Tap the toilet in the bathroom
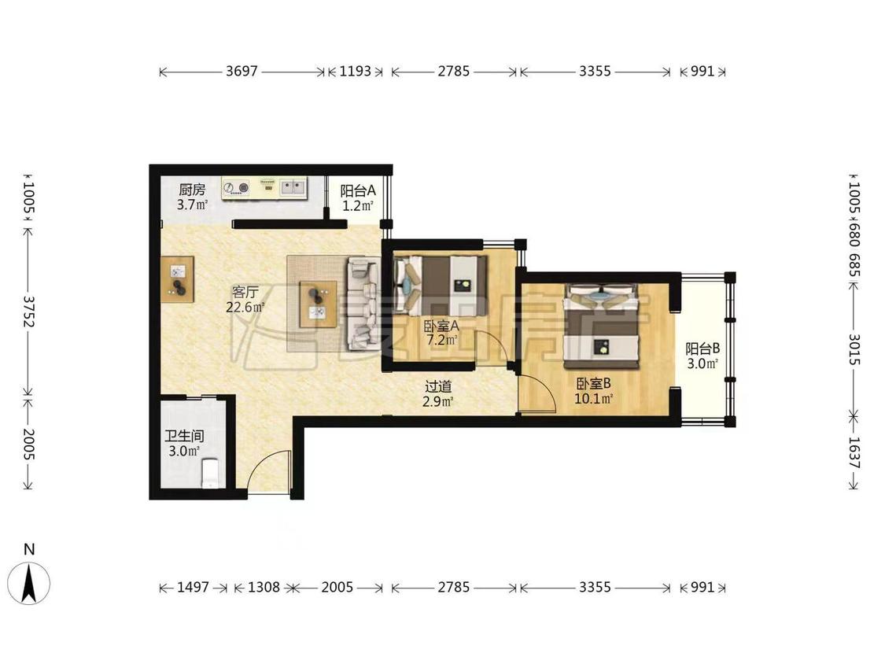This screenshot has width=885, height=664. coord(210,473)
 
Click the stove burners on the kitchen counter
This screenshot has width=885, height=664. coord(237,187)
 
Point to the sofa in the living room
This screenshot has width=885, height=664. coord(363,302)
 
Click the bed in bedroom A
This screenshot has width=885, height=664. coord(441,286)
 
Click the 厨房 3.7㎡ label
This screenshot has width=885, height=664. coord(193,197)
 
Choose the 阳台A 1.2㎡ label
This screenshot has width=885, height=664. coord(358,197)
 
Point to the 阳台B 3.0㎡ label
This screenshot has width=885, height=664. coord(702,356)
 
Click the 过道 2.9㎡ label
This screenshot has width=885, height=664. coord(438,394)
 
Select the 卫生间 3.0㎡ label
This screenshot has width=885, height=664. coord(185,443)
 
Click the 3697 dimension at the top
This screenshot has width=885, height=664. coord(242,72)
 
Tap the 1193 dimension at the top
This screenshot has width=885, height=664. coord(355,72)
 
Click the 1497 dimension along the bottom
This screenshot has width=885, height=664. coord(193,588)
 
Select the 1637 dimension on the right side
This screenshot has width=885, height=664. coord(854,453)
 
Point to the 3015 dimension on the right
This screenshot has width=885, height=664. coord(854,349)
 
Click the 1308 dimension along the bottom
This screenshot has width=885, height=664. coord(264,588)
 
